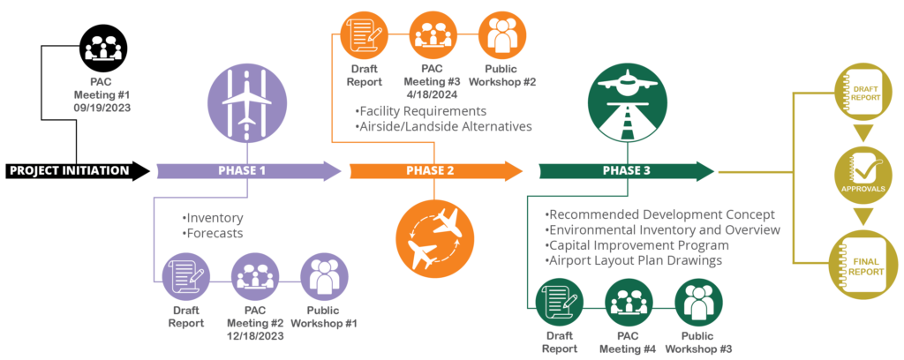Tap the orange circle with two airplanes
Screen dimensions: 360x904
coord(434,237)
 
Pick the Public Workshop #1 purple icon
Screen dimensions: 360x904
coord(325,277)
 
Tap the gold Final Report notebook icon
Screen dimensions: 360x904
coord(859,262)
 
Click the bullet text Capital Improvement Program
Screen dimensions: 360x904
coord(637,244)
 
